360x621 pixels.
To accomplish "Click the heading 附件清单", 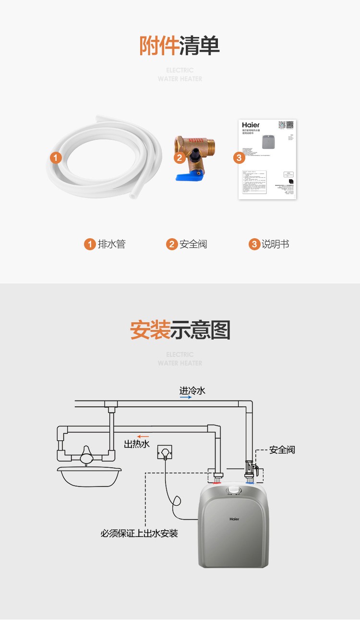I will pos(180,46).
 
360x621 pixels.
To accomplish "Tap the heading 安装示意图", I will pos(180,330).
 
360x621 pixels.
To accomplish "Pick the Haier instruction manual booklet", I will pos(267,159).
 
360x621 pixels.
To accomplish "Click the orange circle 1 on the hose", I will pos(56,158).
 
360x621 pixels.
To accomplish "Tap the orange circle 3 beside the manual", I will pos(239,158).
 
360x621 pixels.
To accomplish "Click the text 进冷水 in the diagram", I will pos(192,390).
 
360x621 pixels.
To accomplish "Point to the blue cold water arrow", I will pos(186,398).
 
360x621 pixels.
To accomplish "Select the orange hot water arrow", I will pos(143,437).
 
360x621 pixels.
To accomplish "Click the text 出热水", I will pos(137,444).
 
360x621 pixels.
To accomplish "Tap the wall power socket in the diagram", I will pos(165,453).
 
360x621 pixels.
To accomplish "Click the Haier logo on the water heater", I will pos(234,519).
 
